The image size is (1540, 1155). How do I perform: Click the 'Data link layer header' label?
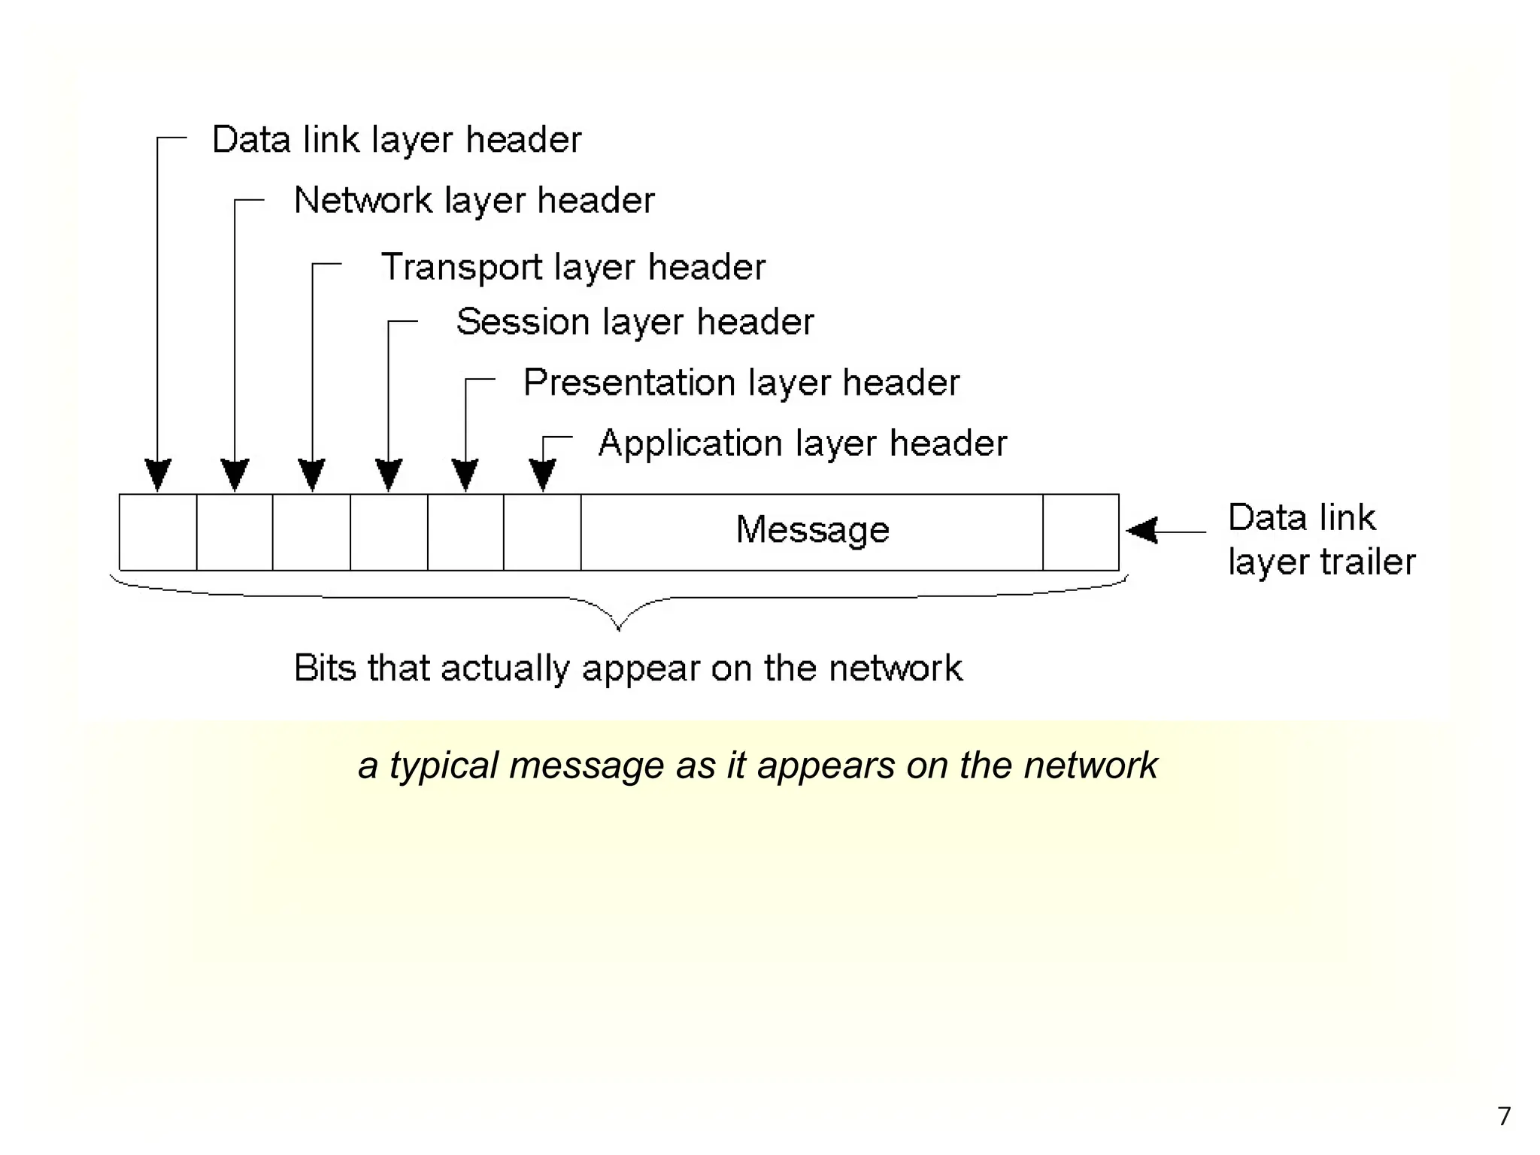tap(396, 141)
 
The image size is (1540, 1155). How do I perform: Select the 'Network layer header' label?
tap(474, 201)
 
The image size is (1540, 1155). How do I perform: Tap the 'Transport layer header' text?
tap(573, 267)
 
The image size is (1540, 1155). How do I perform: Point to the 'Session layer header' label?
tap(635, 322)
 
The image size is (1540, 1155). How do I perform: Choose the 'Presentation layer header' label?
tap(741, 383)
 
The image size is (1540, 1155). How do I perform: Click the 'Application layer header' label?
tap(802, 443)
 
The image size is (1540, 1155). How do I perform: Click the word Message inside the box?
tap(812, 529)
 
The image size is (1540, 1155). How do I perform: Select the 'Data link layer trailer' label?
tap(1320, 540)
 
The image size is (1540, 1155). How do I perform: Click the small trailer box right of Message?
tap(1081, 532)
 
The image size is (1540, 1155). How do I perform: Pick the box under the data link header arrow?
tap(158, 532)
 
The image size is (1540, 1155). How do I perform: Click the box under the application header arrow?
tap(542, 532)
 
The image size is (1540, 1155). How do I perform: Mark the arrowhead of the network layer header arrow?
tap(235, 475)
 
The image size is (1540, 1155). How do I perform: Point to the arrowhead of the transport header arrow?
tap(312, 475)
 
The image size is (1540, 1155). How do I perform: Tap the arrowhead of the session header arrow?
tap(389, 475)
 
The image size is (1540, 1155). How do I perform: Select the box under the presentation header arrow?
tap(465, 532)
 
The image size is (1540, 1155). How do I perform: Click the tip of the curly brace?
tap(618, 628)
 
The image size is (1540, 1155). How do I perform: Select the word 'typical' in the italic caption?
tap(443, 765)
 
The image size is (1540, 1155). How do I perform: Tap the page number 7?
tap(1503, 1116)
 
